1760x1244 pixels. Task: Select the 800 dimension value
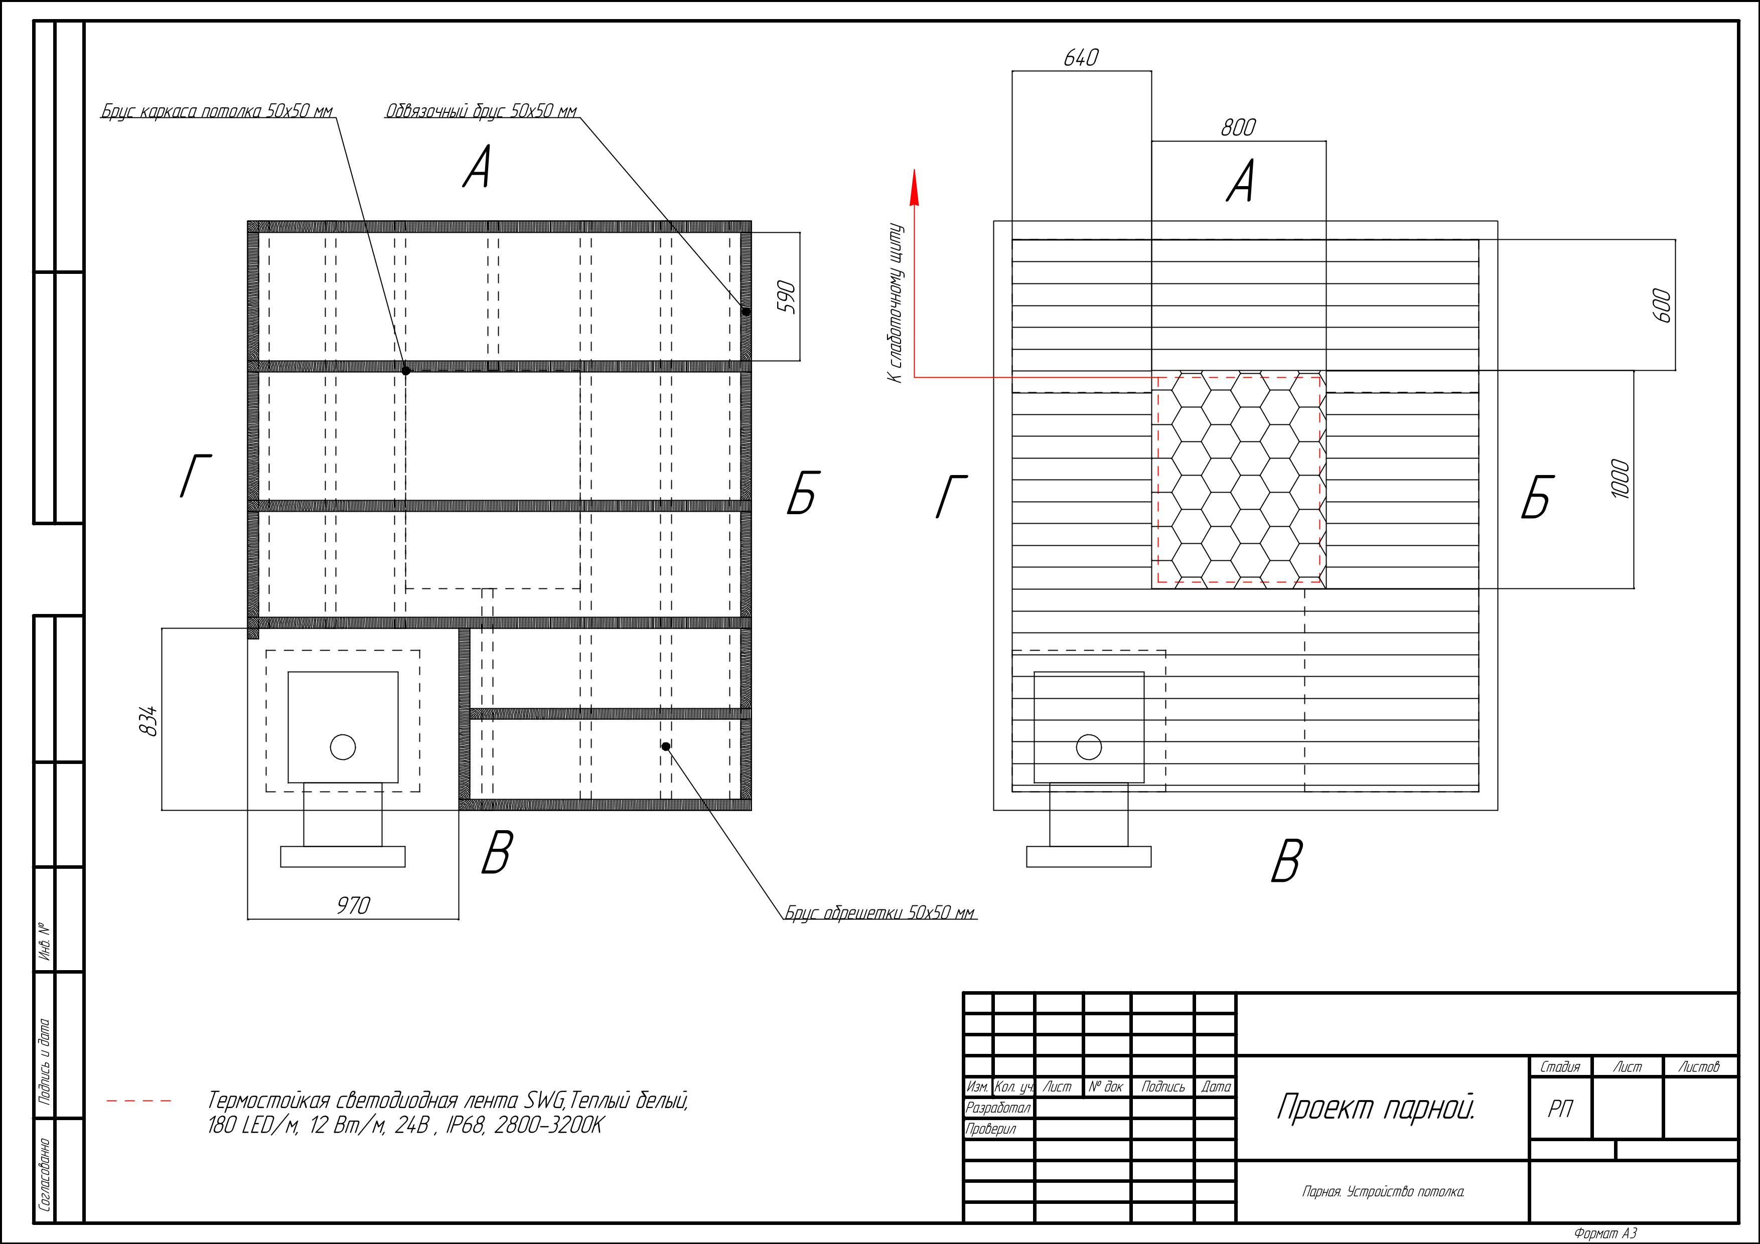(1238, 127)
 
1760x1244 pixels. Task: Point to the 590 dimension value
(787, 297)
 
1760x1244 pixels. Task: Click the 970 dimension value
(353, 905)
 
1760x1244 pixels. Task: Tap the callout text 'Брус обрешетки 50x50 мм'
(880, 913)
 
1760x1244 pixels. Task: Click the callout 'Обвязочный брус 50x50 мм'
(481, 111)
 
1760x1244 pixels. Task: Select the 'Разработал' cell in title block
(998, 1108)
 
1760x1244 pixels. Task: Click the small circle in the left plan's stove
(343, 746)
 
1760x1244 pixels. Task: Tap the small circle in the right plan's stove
(1089, 746)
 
